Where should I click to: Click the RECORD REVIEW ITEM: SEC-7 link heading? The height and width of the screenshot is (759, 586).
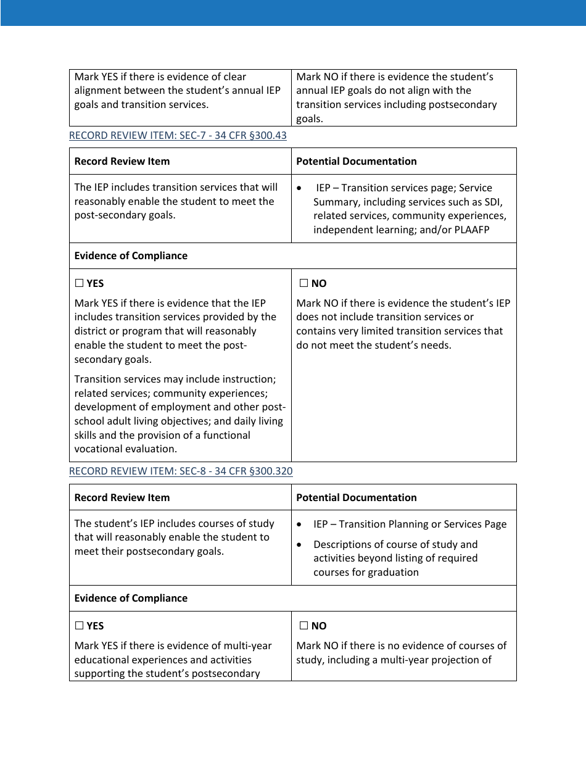(178, 135)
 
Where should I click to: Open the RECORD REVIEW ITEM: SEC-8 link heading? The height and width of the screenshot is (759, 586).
(181, 471)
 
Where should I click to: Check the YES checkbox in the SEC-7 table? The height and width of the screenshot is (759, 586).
(79, 284)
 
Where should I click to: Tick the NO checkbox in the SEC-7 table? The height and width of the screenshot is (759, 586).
(303, 284)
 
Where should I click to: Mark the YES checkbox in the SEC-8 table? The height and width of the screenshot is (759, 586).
(79, 626)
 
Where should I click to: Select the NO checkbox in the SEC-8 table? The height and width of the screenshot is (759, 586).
(303, 626)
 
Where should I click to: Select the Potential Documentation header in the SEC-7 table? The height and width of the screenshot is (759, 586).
(356, 161)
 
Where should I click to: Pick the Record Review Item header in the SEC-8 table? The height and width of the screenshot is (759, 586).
(122, 497)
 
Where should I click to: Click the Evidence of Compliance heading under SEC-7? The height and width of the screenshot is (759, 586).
(131, 255)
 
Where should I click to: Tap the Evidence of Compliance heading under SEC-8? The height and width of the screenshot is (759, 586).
(131, 598)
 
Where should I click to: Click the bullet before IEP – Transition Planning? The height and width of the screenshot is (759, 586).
(299, 525)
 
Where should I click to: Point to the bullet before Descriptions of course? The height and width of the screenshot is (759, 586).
(299, 545)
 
